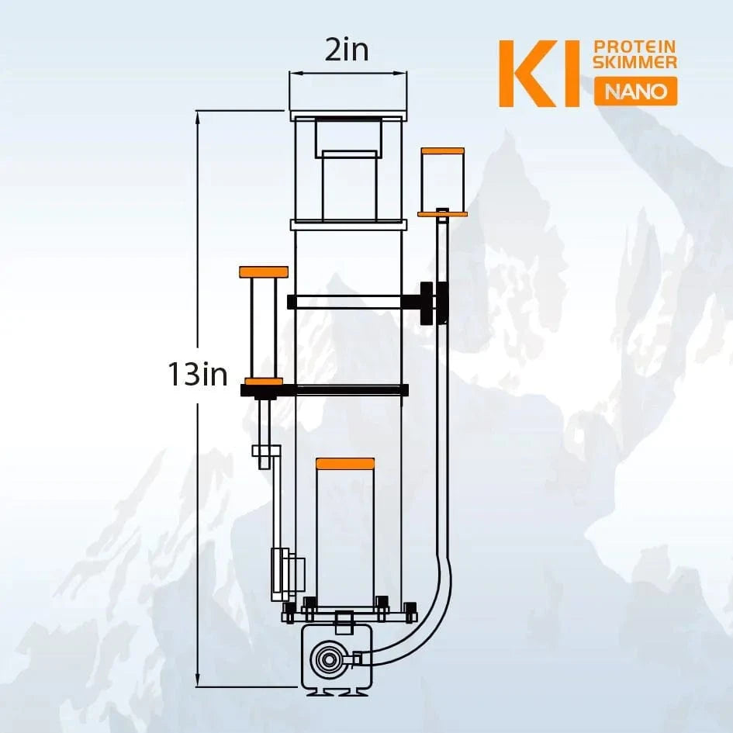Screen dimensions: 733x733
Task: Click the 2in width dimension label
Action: point(347,52)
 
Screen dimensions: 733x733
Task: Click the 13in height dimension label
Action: point(199,375)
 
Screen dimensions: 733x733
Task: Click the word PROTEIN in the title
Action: point(634,46)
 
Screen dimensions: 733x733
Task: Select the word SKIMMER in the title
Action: point(634,62)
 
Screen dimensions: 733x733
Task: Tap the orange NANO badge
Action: point(635,92)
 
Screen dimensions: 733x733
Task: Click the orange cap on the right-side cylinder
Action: point(442,150)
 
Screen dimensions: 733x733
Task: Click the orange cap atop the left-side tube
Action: point(264,271)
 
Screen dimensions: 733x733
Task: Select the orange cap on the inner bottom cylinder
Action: point(345,463)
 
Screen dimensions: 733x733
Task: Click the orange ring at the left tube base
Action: point(264,381)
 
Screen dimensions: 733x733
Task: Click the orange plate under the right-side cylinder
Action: point(442,213)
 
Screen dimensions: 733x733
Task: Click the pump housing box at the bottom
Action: point(334,659)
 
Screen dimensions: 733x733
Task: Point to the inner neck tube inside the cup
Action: point(349,183)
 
